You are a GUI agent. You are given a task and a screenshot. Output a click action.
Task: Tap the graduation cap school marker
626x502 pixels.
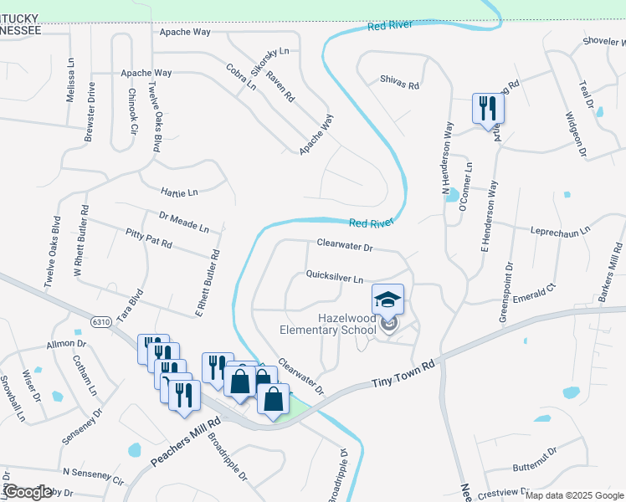pos(388,299)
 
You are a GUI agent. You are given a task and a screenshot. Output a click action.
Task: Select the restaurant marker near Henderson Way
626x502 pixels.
pos(486,108)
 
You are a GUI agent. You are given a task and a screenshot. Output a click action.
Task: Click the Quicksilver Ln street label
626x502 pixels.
pos(335,275)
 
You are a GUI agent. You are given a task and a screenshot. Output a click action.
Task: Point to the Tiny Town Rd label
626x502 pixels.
pos(405,376)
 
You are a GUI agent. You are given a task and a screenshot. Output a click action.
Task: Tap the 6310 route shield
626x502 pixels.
pos(102,322)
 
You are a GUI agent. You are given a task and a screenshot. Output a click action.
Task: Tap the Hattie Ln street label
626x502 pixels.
pos(179,192)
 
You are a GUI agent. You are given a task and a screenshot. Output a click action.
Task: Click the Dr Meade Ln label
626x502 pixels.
pos(183,222)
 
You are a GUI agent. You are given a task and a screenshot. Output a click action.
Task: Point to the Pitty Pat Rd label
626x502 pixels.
pos(148,238)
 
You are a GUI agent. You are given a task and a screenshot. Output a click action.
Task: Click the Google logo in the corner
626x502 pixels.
pos(28,492)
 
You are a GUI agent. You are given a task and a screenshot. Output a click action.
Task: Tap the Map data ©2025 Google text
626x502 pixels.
pos(573,495)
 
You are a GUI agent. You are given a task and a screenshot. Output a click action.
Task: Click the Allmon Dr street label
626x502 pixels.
pos(67,344)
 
